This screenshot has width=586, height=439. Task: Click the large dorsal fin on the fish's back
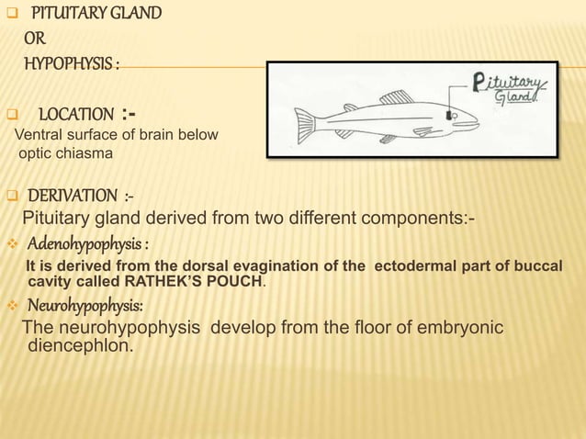click(x=397, y=96)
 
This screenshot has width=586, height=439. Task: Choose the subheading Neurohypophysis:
click(x=85, y=305)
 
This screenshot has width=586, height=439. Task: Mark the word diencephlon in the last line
click(x=82, y=346)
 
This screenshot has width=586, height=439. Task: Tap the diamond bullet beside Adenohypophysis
click(x=11, y=245)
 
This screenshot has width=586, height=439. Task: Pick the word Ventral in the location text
click(x=39, y=135)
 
